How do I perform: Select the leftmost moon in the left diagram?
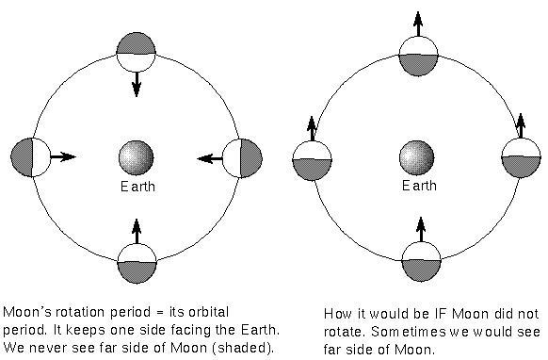(x=29, y=156)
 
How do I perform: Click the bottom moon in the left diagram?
(x=137, y=261)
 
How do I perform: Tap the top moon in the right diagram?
(x=419, y=53)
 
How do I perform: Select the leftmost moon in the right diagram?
(x=312, y=160)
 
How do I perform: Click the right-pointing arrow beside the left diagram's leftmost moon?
(x=62, y=156)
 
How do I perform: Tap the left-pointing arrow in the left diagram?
(x=209, y=157)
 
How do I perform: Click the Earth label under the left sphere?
(x=137, y=186)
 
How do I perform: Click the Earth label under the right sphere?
(x=420, y=186)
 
